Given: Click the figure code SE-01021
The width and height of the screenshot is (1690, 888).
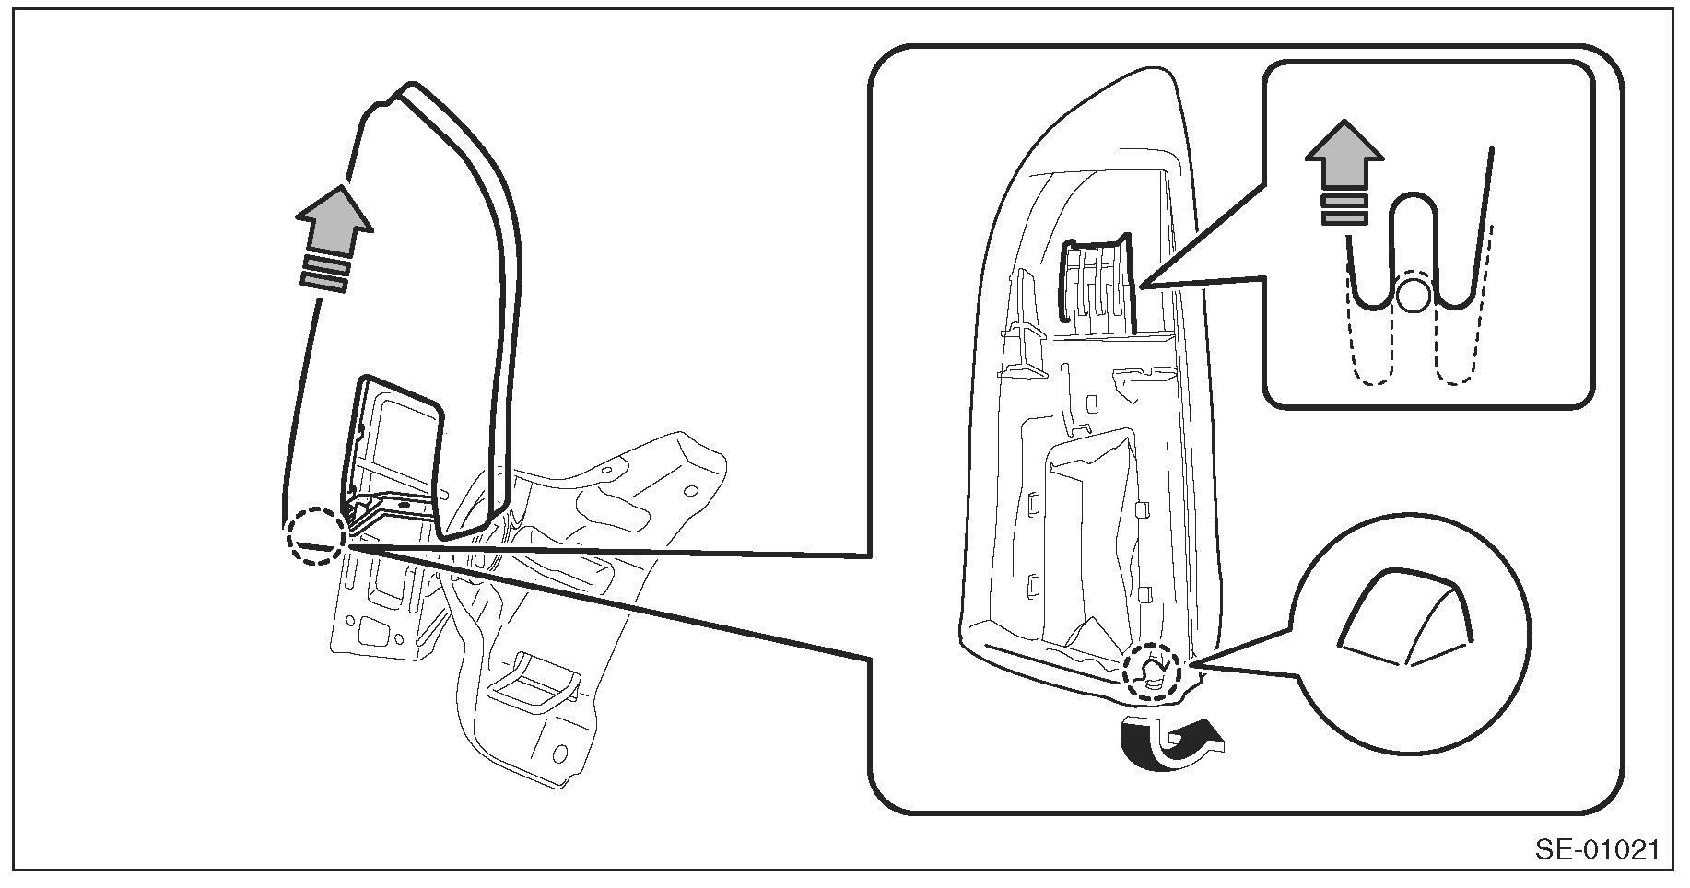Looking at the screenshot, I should click(1597, 848).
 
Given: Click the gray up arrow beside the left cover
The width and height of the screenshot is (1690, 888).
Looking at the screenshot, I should click(334, 219).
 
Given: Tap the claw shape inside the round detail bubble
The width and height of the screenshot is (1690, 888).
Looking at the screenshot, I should click(1402, 618).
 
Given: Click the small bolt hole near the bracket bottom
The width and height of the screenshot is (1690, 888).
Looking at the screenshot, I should click(559, 754).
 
